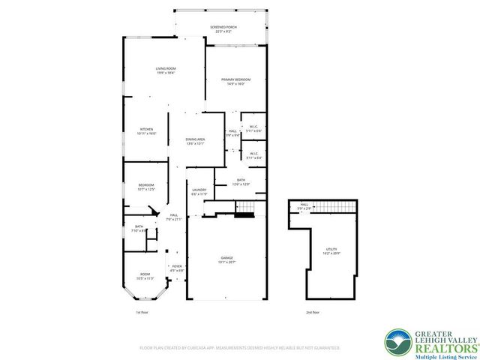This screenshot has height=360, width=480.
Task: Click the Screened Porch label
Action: [222, 29]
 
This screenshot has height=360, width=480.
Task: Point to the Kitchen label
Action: [147, 131]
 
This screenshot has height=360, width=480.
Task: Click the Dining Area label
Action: [196, 140]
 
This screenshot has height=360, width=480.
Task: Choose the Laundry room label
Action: [199, 192]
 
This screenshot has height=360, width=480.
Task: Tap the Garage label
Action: [226, 259]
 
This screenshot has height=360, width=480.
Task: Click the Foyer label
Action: [177, 268]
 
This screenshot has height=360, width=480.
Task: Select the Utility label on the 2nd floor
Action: [331, 252]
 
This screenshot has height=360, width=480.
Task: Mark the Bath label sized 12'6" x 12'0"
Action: [241, 181]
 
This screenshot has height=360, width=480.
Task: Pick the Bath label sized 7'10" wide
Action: [139, 229]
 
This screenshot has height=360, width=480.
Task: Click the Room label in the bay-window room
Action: [145, 275]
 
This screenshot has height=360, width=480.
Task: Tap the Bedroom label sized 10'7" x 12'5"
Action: [146, 187]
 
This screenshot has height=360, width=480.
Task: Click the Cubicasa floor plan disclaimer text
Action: [240, 348]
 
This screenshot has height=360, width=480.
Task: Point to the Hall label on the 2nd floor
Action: [304, 205]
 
